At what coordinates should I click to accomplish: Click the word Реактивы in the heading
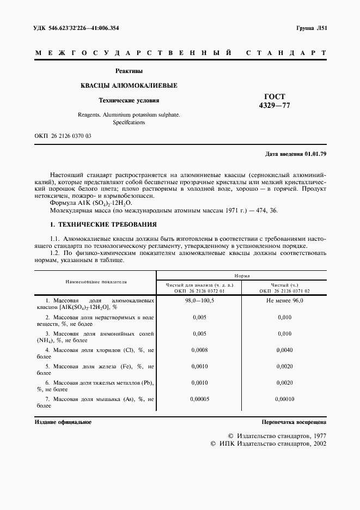(129, 71)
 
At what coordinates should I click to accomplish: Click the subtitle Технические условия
(129, 100)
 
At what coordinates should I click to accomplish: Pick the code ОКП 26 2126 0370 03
(63, 136)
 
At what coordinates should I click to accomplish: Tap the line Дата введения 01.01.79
(295, 154)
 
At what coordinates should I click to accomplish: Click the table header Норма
(242, 276)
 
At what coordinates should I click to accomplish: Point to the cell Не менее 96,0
(284, 300)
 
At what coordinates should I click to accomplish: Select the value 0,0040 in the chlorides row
(284, 350)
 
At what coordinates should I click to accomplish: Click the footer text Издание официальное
(63, 422)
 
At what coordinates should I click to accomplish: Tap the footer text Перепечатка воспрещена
(294, 422)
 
